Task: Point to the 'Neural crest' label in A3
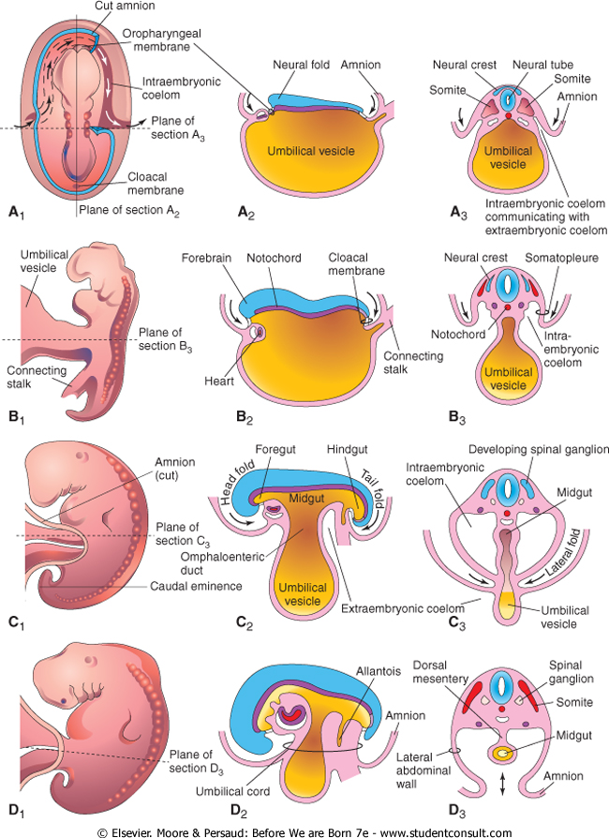click(x=461, y=65)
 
